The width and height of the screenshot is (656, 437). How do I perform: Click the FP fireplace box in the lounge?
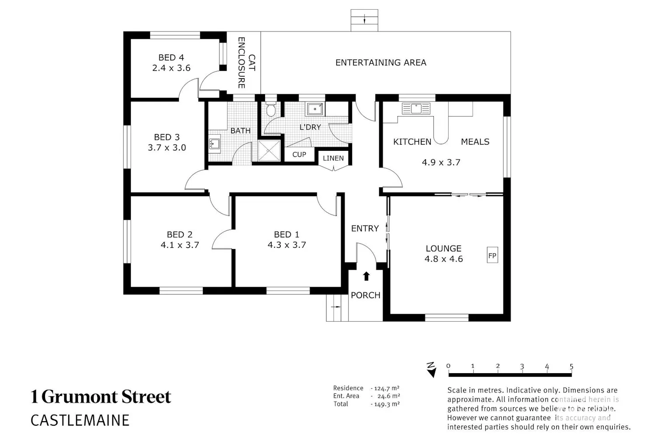(x=492, y=255)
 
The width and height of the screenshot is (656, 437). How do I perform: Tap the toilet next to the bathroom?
(x=271, y=109)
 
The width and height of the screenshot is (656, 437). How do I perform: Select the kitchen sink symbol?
(x=416, y=108)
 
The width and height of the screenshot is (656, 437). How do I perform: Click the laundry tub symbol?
(x=315, y=109)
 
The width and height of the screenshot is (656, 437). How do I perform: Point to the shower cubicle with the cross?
(x=269, y=151)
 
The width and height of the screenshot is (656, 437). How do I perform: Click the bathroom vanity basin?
(x=214, y=143)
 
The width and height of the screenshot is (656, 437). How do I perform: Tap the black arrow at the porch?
(x=366, y=276)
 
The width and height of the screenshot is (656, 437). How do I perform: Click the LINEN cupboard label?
(x=333, y=158)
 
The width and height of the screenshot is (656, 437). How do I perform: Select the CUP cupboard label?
(x=299, y=155)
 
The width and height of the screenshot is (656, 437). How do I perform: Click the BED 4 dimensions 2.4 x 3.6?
(x=171, y=68)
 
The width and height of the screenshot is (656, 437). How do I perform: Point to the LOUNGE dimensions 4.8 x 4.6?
(x=444, y=259)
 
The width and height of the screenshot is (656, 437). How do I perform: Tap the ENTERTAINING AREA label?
(x=381, y=62)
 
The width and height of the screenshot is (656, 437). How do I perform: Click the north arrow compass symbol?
(x=431, y=370)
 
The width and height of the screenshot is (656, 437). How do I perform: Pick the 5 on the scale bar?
(x=571, y=366)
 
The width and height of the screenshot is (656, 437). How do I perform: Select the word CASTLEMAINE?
(x=80, y=420)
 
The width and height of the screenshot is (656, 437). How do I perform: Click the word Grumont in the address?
(x=80, y=397)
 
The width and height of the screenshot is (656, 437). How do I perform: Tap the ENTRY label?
(x=365, y=228)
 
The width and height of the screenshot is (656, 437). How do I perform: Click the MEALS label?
(x=475, y=142)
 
